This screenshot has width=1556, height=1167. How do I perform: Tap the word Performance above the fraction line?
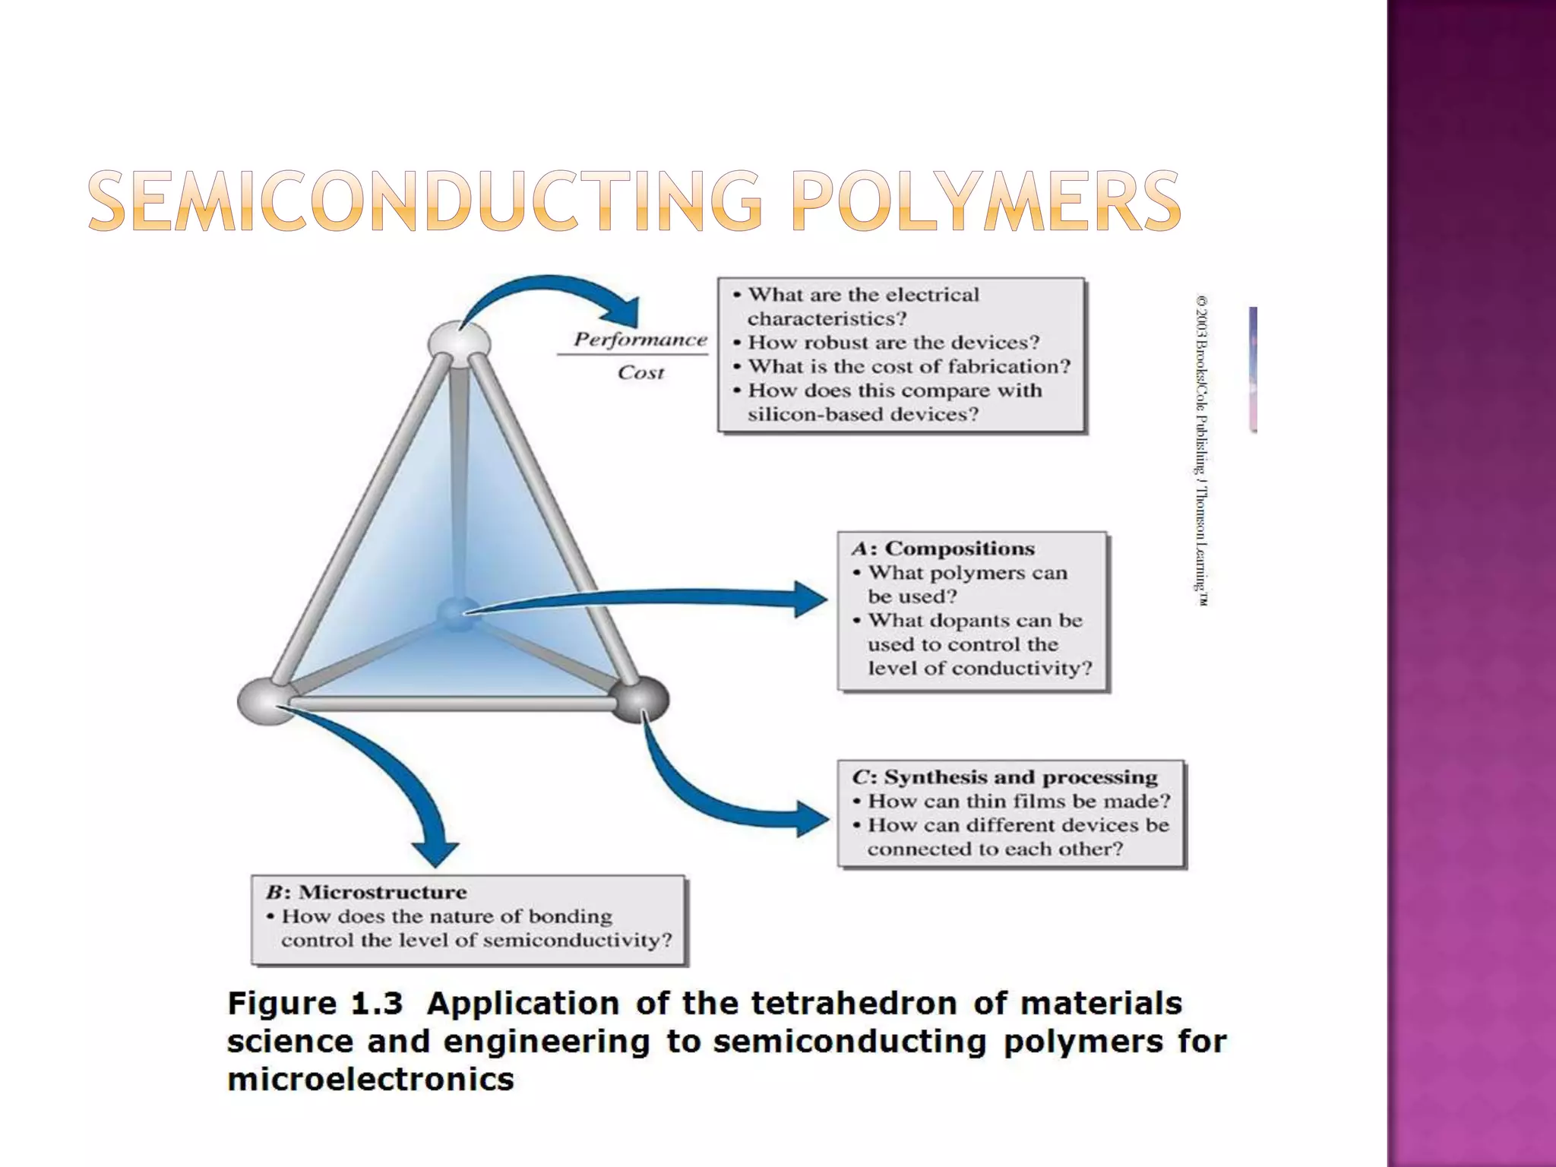click(x=640, y=340)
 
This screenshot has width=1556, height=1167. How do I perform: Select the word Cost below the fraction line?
click(x=640, y=372)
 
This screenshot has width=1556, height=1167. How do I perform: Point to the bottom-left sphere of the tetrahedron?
click(x=265, y=701)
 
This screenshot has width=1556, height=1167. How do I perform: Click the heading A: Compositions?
click(x=943, y=549)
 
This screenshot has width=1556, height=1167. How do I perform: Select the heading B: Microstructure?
click(x=366, y=892)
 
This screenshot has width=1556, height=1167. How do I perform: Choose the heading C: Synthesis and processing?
click(x=1004, y=777)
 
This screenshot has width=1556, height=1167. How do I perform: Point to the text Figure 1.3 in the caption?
click(x=315, y=1004)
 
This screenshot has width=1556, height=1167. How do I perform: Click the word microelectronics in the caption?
click(x=371, y=1080)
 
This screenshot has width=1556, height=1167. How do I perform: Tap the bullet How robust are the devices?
click(x=893, y=343)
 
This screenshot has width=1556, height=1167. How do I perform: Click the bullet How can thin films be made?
click(x=1018, y=802)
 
